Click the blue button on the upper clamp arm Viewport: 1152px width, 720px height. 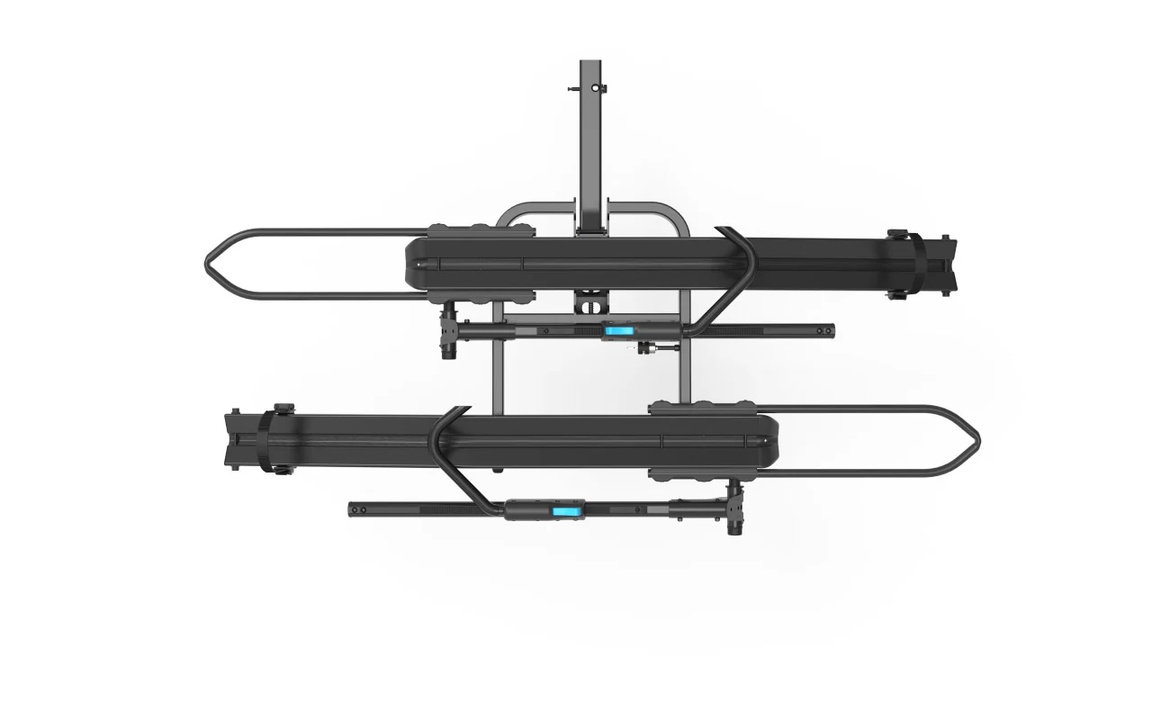[618, 331]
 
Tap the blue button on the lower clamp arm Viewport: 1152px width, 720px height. [565, 511]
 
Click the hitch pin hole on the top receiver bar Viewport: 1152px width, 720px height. [590, 87]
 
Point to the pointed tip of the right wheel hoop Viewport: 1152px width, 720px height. [977, 441]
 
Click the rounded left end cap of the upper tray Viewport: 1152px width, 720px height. [410, 264]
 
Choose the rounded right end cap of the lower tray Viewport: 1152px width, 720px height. [772, 441]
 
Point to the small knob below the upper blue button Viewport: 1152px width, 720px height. [644, 347]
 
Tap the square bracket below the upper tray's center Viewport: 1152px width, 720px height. [590, 299]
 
